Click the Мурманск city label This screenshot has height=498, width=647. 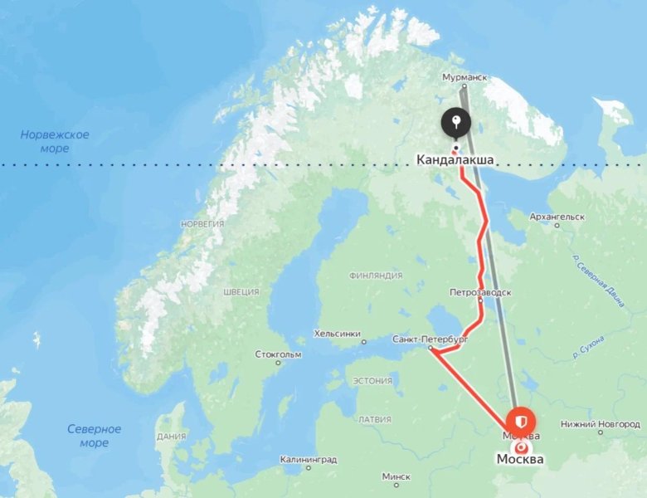pyautogui.click(x=462, y=77)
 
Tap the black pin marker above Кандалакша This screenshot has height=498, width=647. pyautogui.click(x=455, y=124)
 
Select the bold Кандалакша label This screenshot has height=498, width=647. pyautogui.click(x=455, y=159)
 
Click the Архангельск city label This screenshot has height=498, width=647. pyautogui.click(x=557, y=217)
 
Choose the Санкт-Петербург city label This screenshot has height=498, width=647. pyautogui.click(x=430, y=339)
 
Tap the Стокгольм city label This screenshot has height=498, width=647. pyautogui.click(x=278, y=354)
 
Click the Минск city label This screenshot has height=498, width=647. pyautogui.click(x=396, y=477)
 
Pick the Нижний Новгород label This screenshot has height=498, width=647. pyautogui.click(x=600, y=423)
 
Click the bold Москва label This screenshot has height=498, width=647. pyautogui.click(x=520, y=459)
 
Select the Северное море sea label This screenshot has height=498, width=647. pyautogui.click(x=94, y=436)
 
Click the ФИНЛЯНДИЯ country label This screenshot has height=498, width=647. pyautogui.click(x=376, y=276)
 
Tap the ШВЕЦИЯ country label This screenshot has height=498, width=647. pyautogui.click(x=241, y=292)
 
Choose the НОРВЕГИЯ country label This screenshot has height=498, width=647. pyautogui.click(x=203, y=224)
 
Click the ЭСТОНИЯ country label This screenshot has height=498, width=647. pyautogui.click(x=372, y=381)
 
